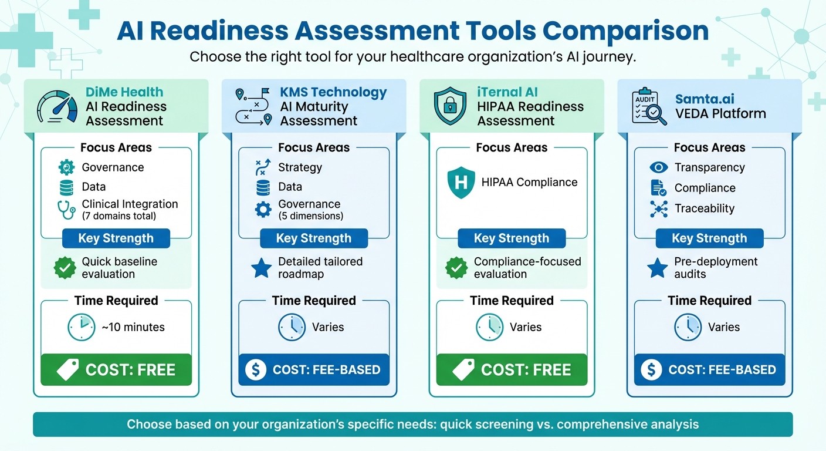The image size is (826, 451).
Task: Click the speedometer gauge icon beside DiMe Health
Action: coord(56,106)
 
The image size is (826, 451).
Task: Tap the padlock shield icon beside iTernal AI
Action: coord(450,106)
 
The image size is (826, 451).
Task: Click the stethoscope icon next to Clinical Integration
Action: coord(67,210)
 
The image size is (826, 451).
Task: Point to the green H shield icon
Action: coord(461,183)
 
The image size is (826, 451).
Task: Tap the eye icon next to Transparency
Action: coord(659,168)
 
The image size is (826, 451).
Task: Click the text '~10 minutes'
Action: coord(133,327)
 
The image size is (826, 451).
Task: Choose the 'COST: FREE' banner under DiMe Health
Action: coord(116,370)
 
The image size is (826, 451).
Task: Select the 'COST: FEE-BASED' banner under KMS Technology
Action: coord(314,370)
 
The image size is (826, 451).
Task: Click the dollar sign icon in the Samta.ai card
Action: coord(651,370)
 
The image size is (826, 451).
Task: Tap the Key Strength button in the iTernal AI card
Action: coord(512,238)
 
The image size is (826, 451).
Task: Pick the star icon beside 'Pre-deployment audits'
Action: coord(658,268)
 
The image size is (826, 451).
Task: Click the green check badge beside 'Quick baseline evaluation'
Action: coord(65,268)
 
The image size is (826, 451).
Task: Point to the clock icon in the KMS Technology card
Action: coord(292,327)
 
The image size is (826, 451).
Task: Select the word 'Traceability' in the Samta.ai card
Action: coord(704,208)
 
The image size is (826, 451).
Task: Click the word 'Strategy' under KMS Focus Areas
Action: coord(300,167)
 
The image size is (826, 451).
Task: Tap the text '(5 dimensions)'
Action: coord(311,216)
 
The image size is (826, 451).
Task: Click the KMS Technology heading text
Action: coord(333,92)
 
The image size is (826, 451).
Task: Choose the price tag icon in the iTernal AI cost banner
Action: coord(463,370)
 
